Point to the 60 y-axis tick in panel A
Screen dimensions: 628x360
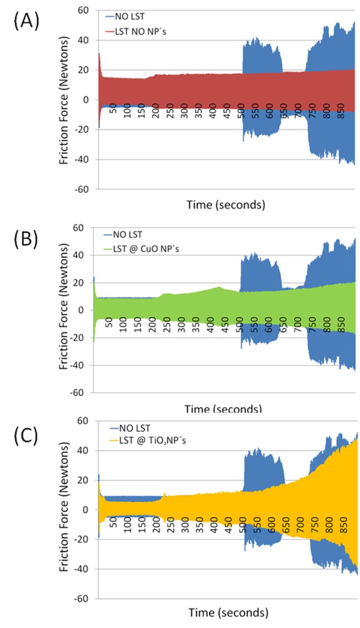(86, 10)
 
